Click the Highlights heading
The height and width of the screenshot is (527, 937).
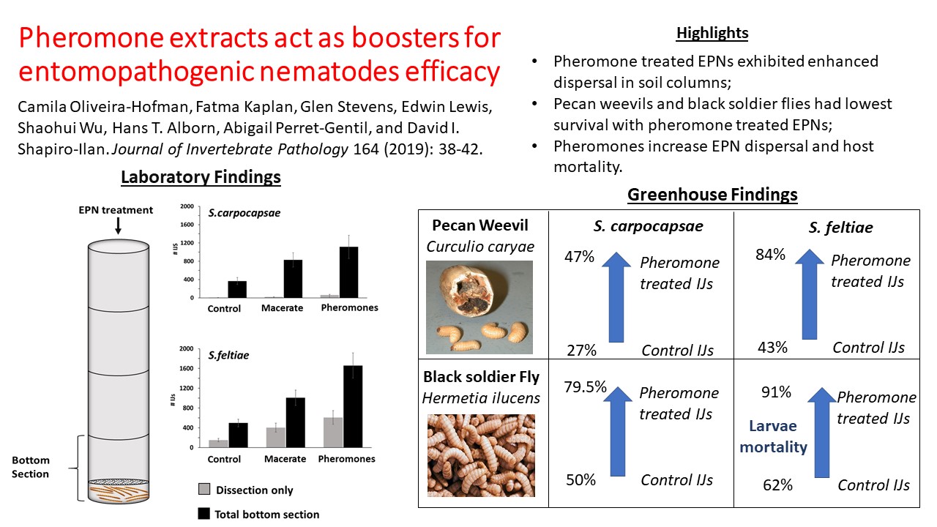(x=712, y=33)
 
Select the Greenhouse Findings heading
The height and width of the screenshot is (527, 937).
(x=712, y=195)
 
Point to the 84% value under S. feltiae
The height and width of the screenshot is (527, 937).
(x=771, y=255)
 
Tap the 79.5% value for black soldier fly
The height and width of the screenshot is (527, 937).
(x=585, y=386)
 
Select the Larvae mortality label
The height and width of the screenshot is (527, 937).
(x=772, y=436)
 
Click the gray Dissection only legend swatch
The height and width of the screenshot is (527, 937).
(x=205, y=490)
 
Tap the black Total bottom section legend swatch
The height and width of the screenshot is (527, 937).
(x=205, y=514)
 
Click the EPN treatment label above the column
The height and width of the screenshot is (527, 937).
(x=116, y=210)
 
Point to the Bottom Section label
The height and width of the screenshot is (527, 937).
(x=31, y=467)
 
